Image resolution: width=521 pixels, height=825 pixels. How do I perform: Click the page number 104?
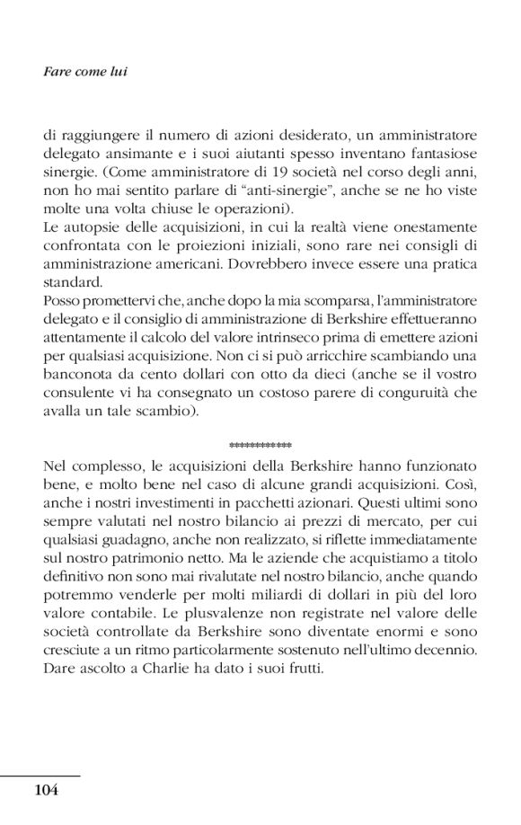tap(45, 790)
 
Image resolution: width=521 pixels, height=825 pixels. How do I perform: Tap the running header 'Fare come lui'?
tap(84, 70)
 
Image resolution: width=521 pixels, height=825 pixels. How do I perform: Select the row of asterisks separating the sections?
tap(260, 445)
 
